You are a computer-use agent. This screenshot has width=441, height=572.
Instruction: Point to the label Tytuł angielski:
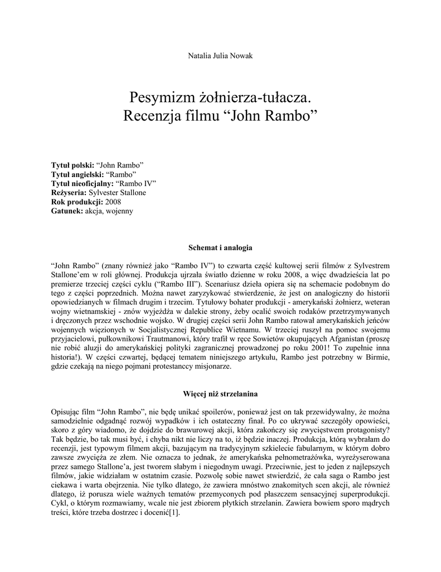(x=77, y=175)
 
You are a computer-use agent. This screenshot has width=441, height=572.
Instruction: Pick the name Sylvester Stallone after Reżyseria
(x=121, y=193)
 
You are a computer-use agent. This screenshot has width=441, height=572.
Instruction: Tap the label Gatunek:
(x=66, y=211)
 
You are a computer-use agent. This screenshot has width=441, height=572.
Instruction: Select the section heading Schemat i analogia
(x=220, y=246)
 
